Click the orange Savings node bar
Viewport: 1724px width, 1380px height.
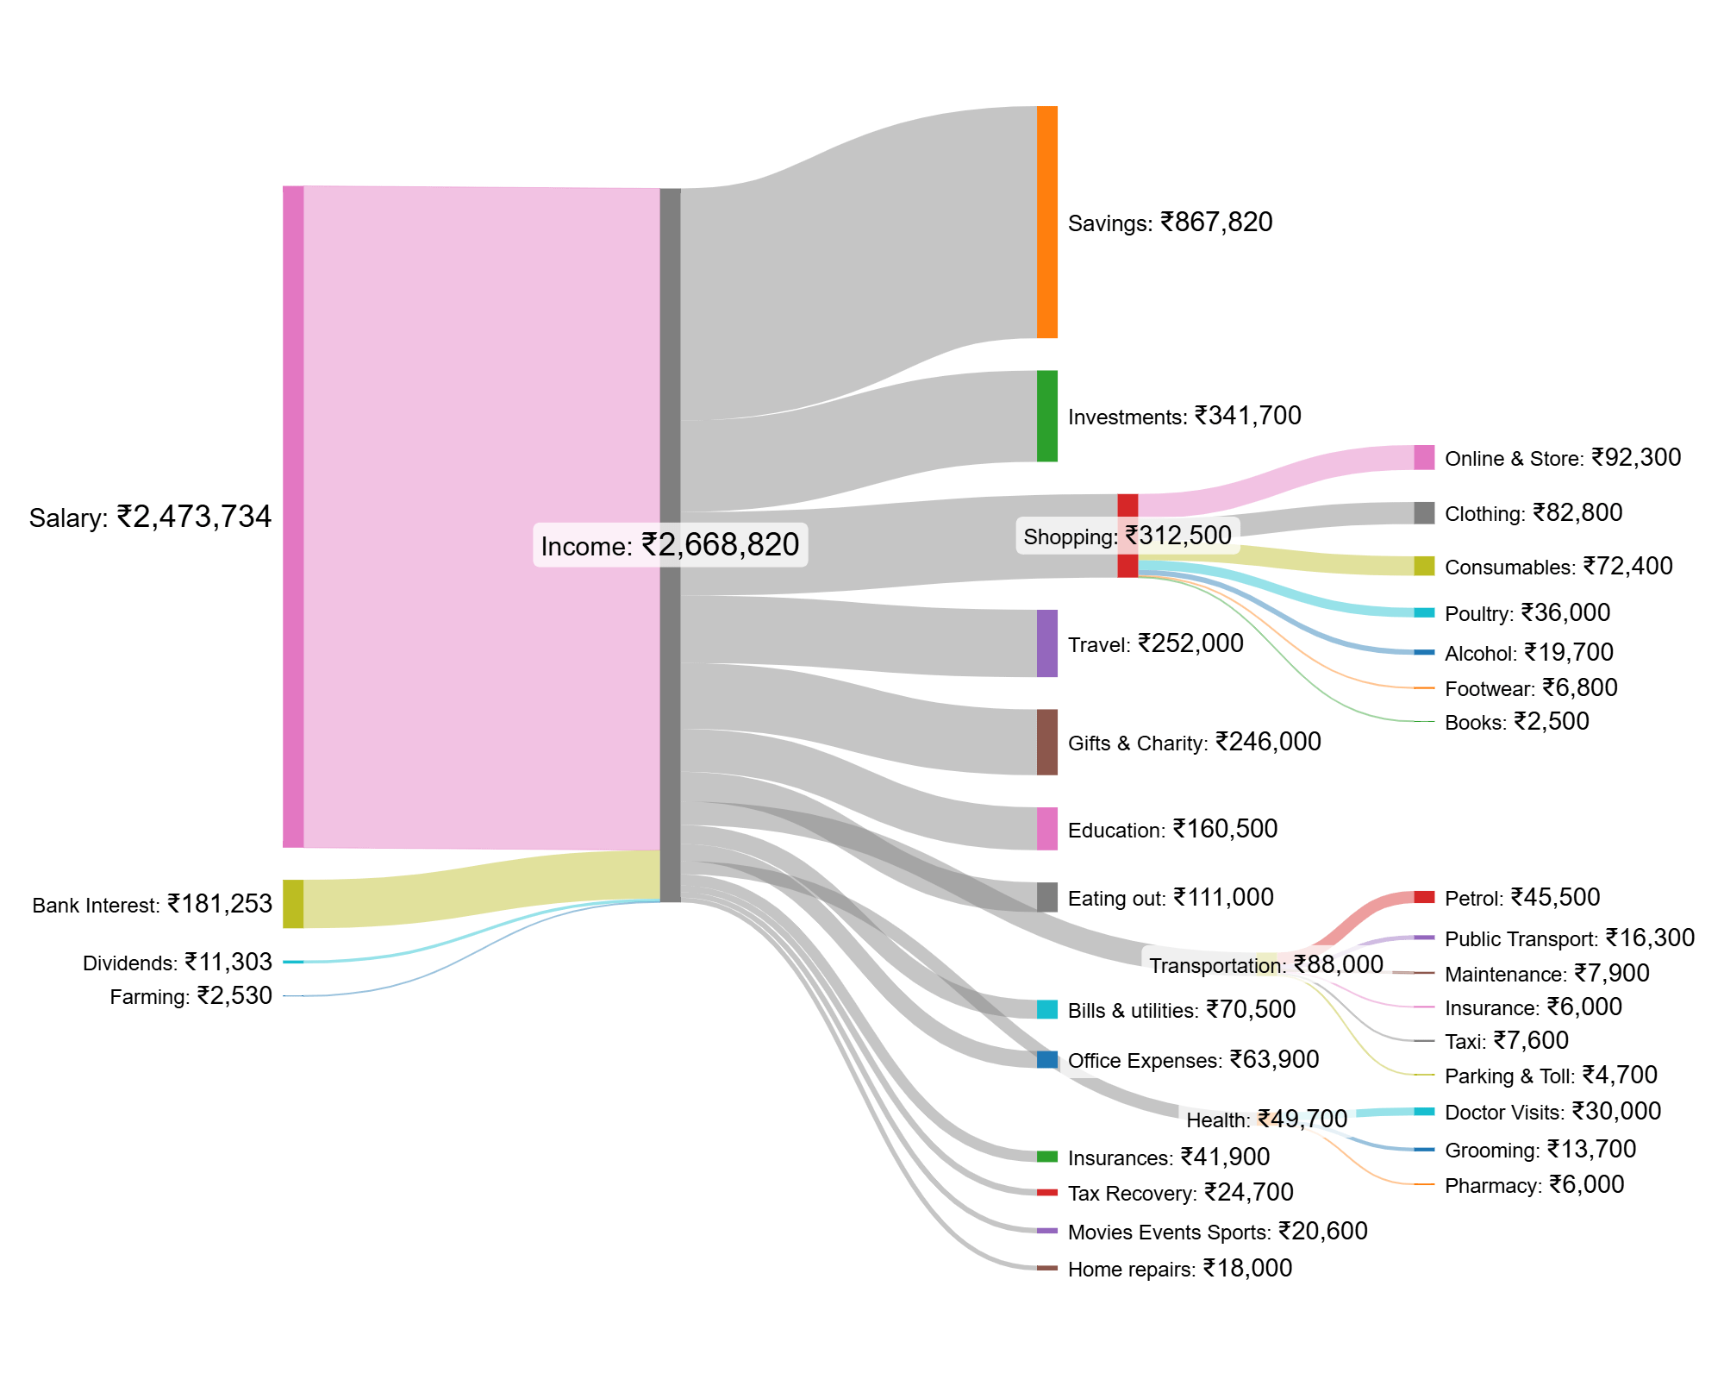(x=1046, y=222)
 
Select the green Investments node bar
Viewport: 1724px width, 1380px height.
(x=1046, y=416)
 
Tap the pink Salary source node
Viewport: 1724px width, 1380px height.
(x=293, y=516)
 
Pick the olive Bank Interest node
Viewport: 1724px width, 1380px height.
(x=293, y=903)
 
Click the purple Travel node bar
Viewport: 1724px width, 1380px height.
(x=1046, y=643)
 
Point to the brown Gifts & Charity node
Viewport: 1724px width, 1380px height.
(x=1046, y=742)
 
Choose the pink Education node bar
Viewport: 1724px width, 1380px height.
(x=1046, y=828)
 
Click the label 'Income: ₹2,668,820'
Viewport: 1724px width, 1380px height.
(x=670, y=545)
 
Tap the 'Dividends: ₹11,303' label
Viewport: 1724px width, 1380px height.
(x=177, y=962)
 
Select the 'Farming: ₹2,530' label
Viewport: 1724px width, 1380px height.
(x=191, y=996)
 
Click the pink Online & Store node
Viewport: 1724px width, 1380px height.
(x=1424, y=457)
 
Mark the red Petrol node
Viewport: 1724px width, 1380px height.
(x=1424, y=897)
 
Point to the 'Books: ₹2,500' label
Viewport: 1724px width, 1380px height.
(x=1516, y=722)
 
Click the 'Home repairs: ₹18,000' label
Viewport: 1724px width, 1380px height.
(x=1179, y=1269)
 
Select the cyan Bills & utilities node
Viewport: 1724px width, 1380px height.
(x=1046, y=1009)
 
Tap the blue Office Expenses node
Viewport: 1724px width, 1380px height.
(x=1046, y=1059)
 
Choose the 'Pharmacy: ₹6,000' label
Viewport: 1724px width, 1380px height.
(x=1533, y=1185)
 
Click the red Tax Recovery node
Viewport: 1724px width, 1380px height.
(x=1046, y=1192)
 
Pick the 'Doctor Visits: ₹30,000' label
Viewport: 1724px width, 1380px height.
(x=1552, y=1112)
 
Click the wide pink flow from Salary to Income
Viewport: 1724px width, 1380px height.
(x=481, y=517)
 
